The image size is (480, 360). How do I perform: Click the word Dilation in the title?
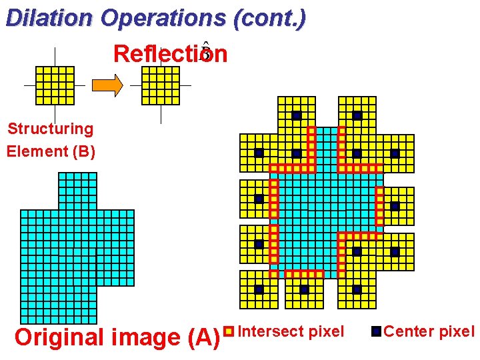click(49, 18)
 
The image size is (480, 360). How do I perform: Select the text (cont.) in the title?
click(270, 18)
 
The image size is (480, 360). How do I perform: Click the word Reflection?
click(170, 54)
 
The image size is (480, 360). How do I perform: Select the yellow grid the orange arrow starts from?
click(55, 85)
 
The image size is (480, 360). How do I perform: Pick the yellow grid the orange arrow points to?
click(161, 85)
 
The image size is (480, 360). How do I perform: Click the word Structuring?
click(50, 129)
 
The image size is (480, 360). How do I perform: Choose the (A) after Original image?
click(202, 337)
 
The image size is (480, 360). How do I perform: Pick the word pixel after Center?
click(457, 331)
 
